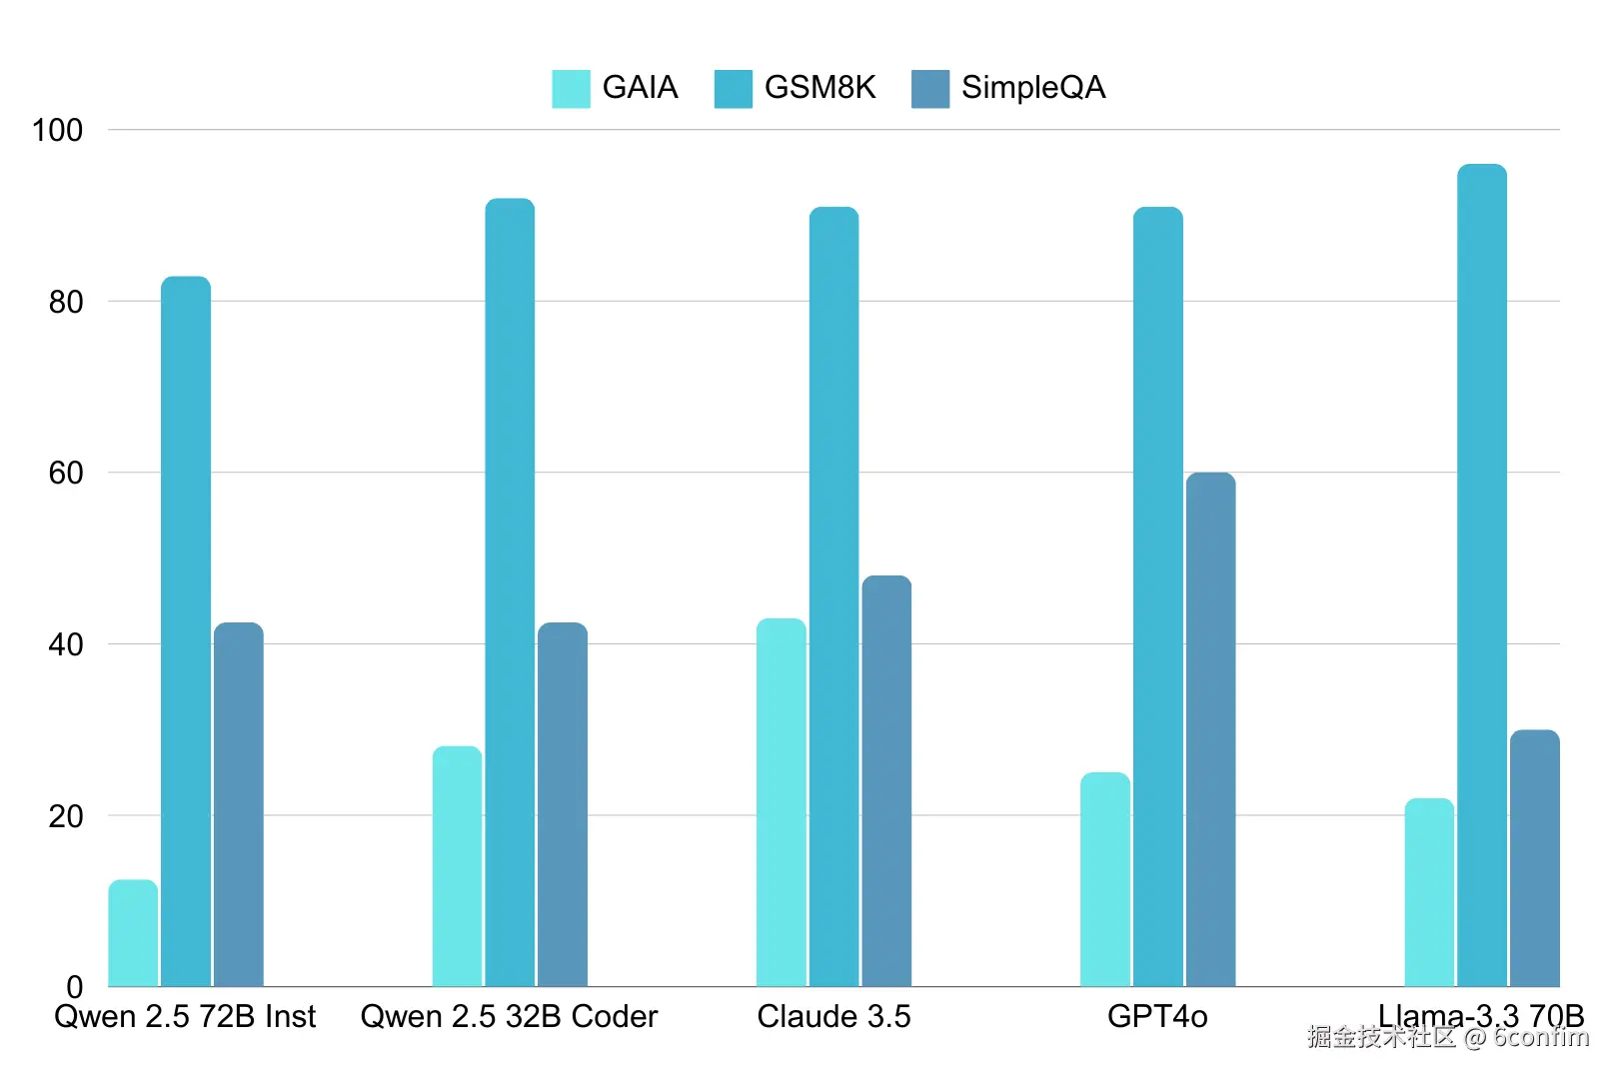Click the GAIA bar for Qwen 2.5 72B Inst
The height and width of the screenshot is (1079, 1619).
[133, 933]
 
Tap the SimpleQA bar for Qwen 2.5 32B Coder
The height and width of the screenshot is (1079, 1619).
[563, 804]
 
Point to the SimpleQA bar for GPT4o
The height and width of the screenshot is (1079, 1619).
[1210, 729]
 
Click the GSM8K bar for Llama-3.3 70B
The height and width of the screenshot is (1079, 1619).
[1481, 575]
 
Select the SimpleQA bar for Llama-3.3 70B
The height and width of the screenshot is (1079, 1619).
[1534, 858]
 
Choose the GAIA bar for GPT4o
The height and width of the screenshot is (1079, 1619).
[1105, 879]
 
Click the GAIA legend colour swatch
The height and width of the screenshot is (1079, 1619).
[571, 88]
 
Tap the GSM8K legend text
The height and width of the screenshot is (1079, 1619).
[819, 88]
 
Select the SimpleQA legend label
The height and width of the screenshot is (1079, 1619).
[1033, 88]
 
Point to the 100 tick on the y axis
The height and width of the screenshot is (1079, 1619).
[57, 130]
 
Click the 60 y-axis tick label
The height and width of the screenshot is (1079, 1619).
[66, 473]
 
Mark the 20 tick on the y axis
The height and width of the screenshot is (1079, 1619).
[66, 816]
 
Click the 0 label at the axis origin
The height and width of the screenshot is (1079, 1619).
[74, 986]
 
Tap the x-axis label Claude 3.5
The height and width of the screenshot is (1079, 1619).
[833, 1017]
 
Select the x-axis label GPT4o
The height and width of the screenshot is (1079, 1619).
[1157, 1017]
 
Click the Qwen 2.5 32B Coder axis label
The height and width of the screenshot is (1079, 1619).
[509, 1017]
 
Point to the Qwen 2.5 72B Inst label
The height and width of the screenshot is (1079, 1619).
[185, 1017]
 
